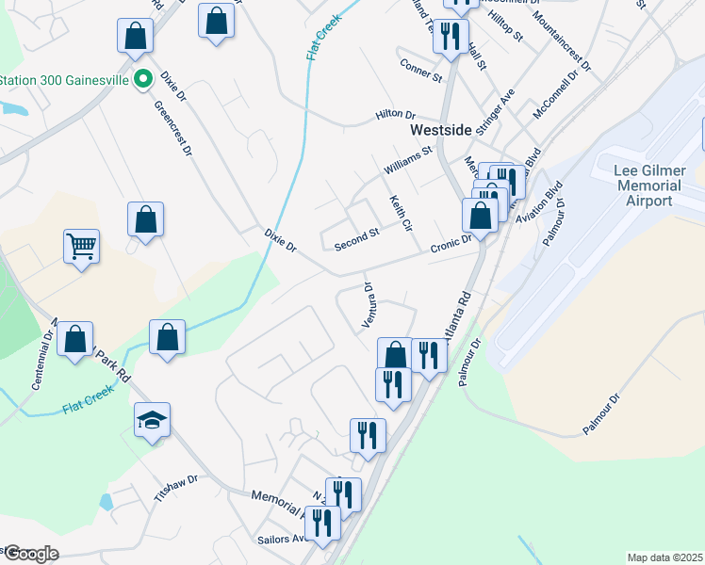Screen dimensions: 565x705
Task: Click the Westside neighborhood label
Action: [x=440, y=131]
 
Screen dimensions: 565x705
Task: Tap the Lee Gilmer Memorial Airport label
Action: [x=648, y=186]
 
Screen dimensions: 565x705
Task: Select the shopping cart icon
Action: [x=82, y=247]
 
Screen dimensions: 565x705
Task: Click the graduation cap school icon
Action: [x=152, y=419]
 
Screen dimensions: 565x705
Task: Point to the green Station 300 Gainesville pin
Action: [x=143, y=79]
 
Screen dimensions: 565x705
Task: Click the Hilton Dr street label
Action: [x=395, y=114]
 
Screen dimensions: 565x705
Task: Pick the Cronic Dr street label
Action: [x=451, y=244]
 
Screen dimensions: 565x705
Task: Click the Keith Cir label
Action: [x=402, y=214]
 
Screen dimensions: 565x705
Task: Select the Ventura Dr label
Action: [x=369, y=306]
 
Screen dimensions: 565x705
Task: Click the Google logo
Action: [x=31, y=554]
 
